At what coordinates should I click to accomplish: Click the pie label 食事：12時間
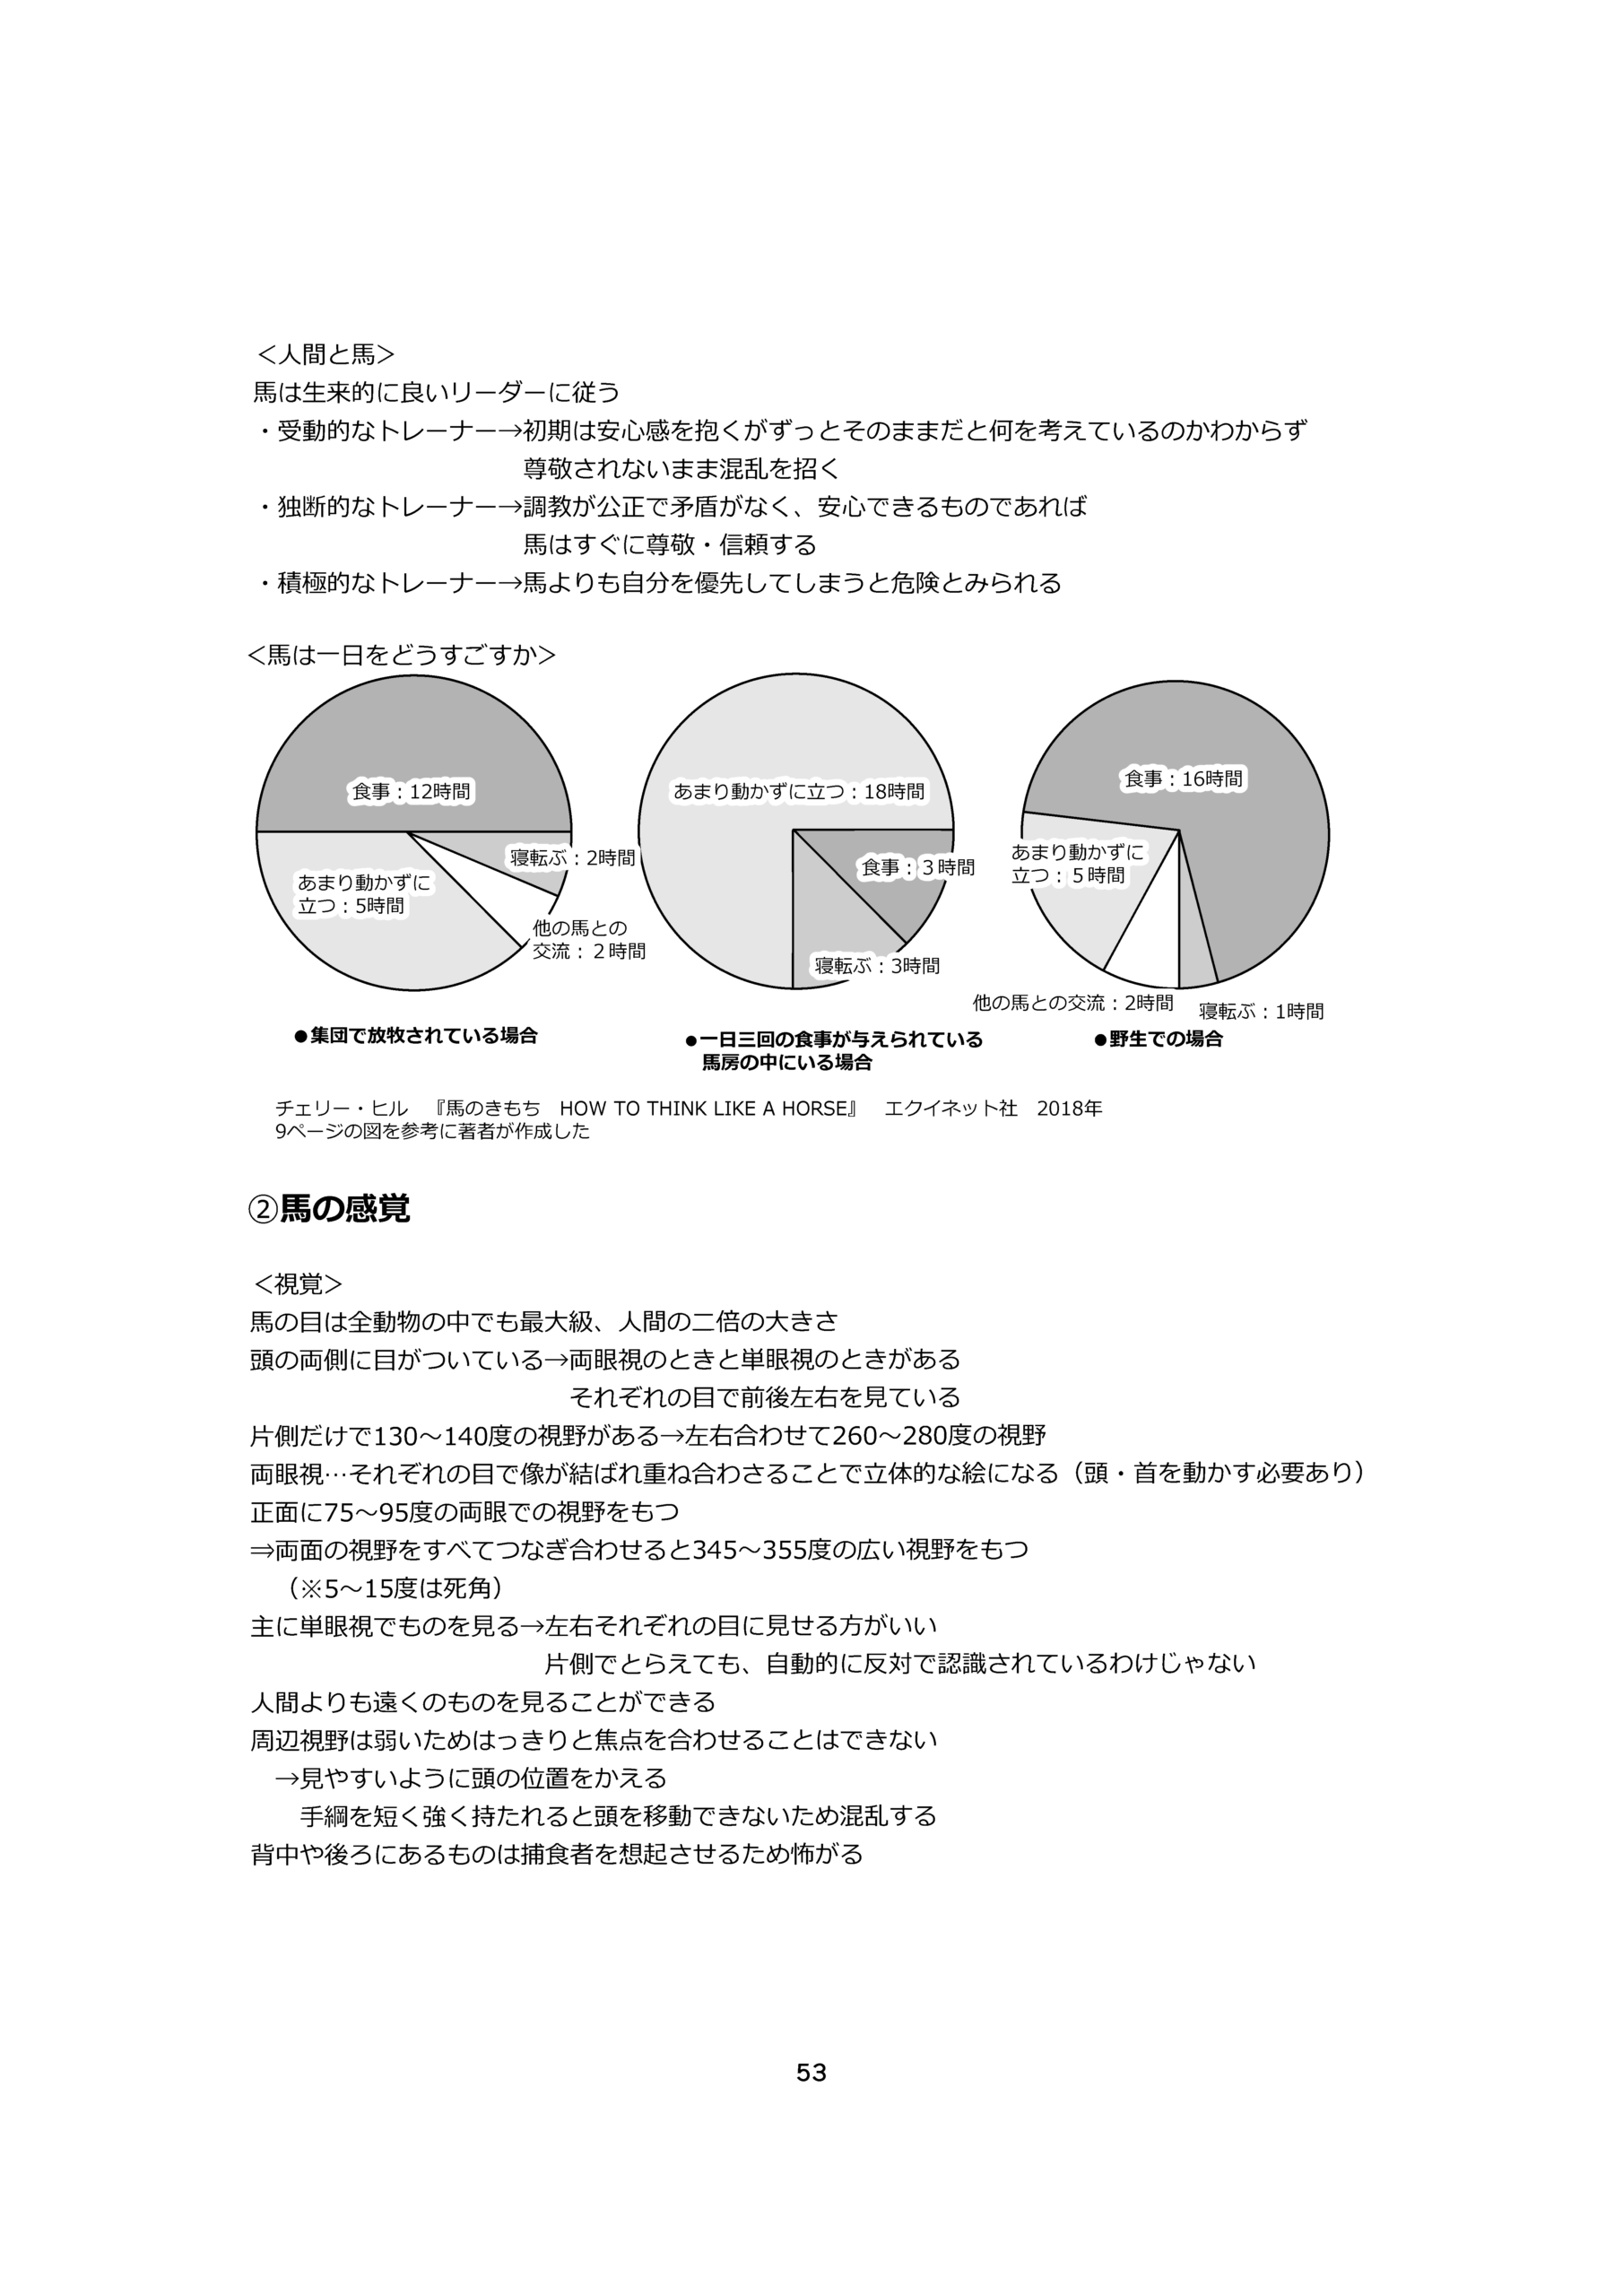410,791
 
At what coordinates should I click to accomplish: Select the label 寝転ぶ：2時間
572,857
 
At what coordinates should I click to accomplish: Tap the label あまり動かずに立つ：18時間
798,791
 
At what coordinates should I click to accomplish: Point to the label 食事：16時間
1183,778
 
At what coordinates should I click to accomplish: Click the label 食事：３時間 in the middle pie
918,867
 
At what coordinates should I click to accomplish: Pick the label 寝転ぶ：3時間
877,965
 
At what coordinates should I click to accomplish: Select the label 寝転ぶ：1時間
1261,1011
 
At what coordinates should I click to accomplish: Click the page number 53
811,2073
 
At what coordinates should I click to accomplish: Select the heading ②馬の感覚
329,1209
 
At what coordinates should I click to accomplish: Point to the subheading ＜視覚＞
298,1284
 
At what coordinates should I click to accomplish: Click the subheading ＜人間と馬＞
326,354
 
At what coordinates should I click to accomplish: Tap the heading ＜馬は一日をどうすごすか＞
401,655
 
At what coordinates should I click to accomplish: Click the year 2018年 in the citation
1069,1108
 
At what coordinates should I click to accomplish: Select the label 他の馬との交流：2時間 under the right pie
1072,1002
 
